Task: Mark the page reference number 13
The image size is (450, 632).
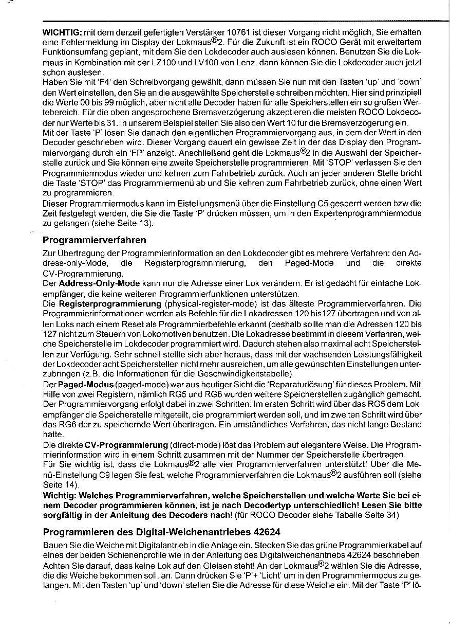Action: pos(145,223)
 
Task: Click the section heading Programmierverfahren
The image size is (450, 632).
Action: pos(94,240)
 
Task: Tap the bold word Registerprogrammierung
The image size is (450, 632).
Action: pos(110,304)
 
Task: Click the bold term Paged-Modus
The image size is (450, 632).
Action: pos(86,384)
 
